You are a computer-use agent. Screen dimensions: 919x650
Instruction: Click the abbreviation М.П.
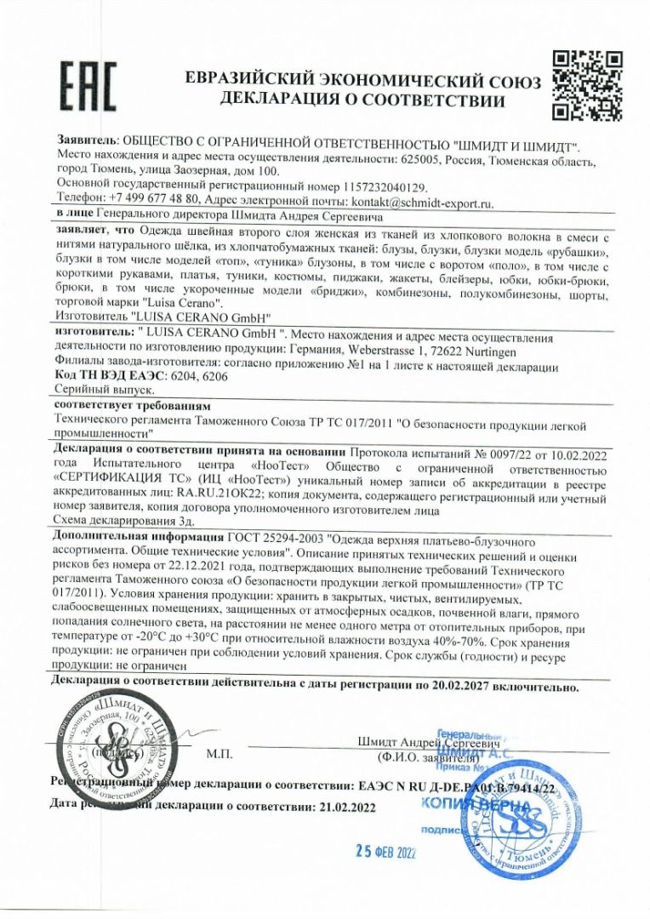[217, 753]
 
